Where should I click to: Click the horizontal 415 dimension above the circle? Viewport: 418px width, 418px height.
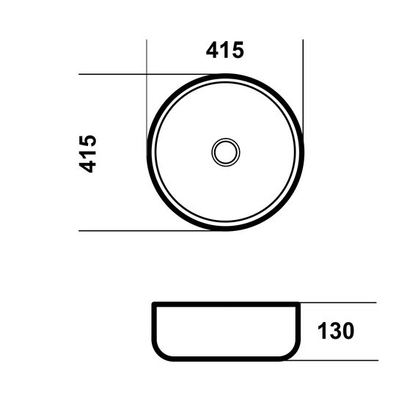pyautogui.click(x=224, y=50)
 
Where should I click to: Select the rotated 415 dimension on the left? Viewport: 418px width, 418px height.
pyautogui.click(x=87, y=154)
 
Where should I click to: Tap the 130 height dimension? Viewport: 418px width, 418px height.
pyautogui.click(x=336, y=331)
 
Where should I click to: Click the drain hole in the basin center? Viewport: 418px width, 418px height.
pyautogui.click(x=226, y=153)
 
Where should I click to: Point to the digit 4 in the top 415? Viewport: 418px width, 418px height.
pyautogui.click(x=213, y=50)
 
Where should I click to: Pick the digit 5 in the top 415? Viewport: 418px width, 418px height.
pyautogui.click(x=238, y=50)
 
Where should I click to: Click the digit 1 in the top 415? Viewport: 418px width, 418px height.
pyautogui.click(x=224, y=50)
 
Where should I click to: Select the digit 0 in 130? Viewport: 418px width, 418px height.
pyautogui.click(x=348, y=331)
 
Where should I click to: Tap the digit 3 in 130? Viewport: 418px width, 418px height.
pyautogui.click(x=335, y=331)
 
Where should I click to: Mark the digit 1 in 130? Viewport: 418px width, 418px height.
pyautogui.click(x=322, y=331)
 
